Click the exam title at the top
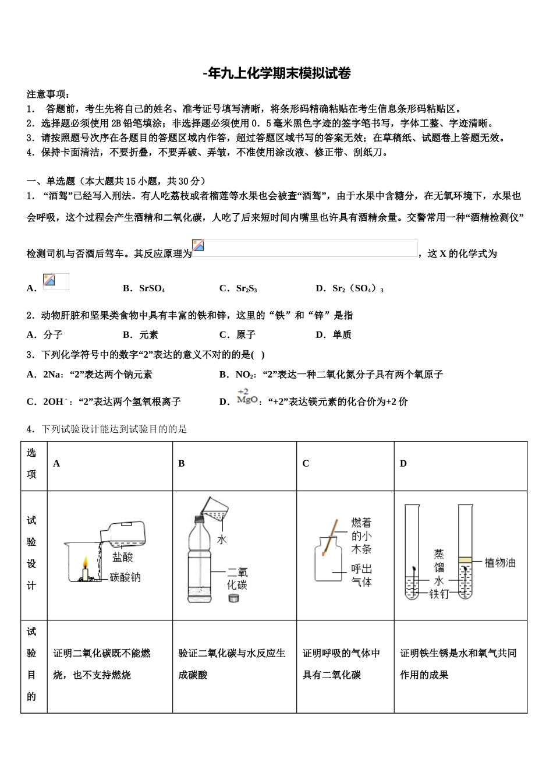[x=276, y=73]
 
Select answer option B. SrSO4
[x=144, y=288]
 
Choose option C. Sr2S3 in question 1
[x=238, y=288]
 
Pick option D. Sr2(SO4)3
[x=349, y=288]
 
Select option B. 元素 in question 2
[x=140, y=335]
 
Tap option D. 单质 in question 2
[x=334, y=335]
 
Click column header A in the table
[x=56, y=464]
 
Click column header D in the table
[x=403, y=464]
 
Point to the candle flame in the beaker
[x=85, y=562]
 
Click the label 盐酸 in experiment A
[x=123, y=558]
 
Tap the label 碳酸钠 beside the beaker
[x=125, y=578]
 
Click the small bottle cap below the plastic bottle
[x=234, y=598]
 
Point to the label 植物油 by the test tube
[x=500, y=563]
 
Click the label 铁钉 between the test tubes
[x=439, y=594]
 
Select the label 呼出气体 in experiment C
[x=361, y=576]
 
